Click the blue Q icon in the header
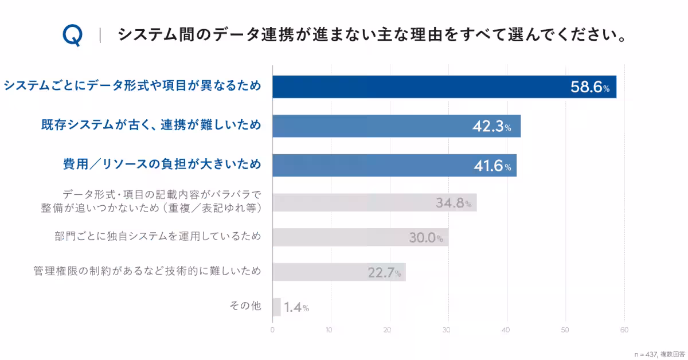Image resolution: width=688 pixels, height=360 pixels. pos(73,36)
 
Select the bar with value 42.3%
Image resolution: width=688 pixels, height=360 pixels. pos(396,126)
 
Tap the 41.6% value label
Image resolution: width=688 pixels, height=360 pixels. pos(492,166)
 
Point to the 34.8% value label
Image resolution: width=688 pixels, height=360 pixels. pos(453,203)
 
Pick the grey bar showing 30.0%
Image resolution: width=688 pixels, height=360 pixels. pos(360,237)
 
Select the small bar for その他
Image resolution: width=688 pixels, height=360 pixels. pos(276,307)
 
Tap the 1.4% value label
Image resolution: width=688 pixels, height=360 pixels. pos(296,308)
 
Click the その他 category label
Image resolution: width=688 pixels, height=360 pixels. pos(245,306)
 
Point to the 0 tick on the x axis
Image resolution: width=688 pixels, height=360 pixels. pos(272,330)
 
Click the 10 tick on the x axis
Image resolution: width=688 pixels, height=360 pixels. pos(329,330)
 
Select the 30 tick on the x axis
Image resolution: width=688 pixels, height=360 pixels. pos(447,330)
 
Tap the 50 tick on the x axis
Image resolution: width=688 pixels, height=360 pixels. pos(565,330)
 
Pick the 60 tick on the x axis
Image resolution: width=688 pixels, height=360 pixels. pos(624,330)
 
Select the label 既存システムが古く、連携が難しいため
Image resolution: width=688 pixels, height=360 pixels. pos(151,125)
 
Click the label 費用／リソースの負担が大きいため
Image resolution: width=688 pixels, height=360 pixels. pos(162,165)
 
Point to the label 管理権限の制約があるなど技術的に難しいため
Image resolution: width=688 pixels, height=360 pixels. pos(147,271)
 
